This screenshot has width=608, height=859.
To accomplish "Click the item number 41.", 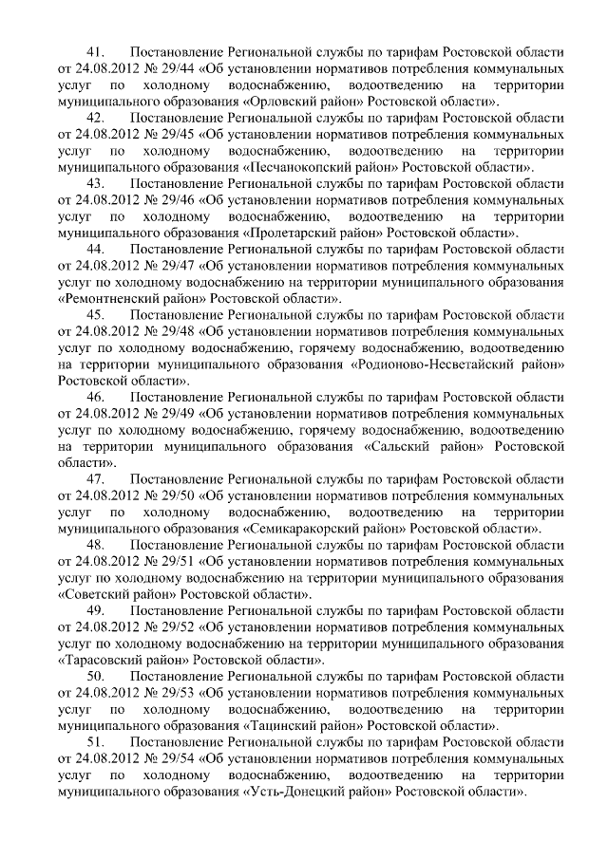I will (94, 49).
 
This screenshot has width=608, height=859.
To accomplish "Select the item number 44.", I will (94, 249).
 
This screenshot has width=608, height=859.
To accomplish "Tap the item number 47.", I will (94, 479).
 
